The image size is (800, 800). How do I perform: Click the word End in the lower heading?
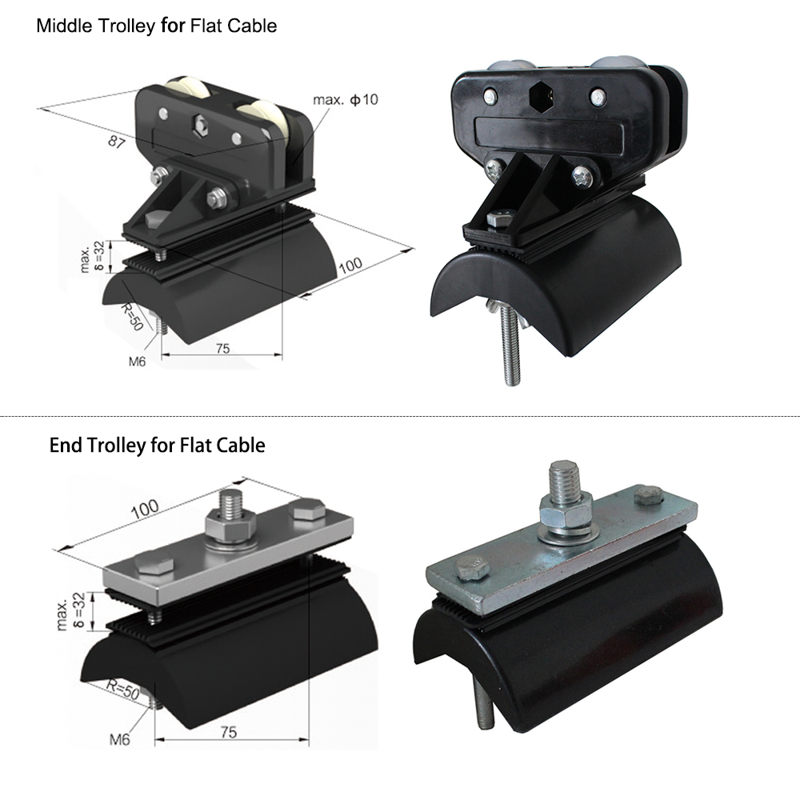coord(66,446)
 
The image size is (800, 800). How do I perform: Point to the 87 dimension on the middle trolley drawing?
coord(116,142)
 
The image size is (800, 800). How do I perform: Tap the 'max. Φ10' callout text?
coord(346,99)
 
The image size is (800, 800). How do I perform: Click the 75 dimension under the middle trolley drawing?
coord(223,349)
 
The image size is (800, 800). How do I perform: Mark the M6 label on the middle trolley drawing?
coord(137,362)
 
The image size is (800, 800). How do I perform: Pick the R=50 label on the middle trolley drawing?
coord(130,317)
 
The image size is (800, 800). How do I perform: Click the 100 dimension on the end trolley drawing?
coord(145,509)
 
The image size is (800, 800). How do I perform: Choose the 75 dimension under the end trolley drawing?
coord(229,732)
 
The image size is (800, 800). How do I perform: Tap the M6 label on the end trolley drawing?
coord(120,739)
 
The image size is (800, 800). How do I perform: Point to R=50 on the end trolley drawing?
coord(123,690)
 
